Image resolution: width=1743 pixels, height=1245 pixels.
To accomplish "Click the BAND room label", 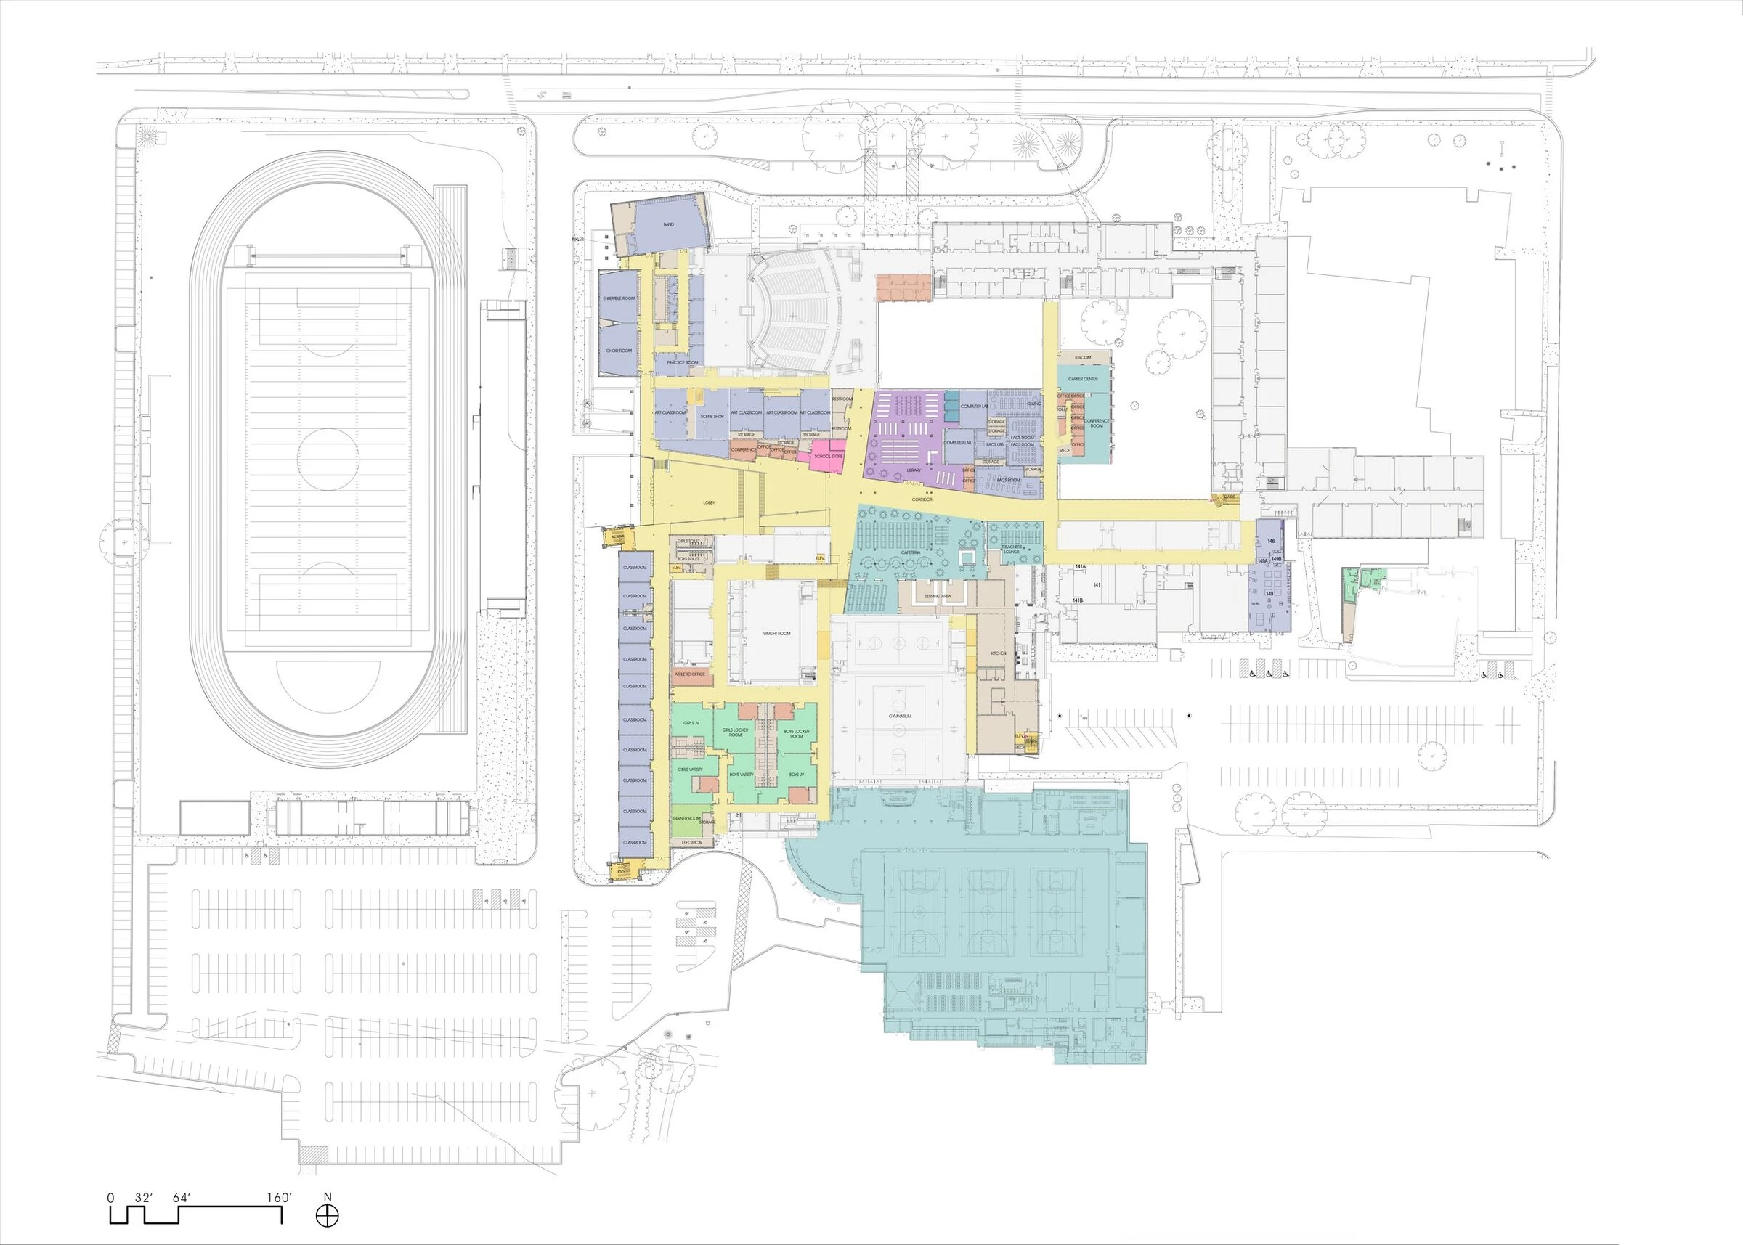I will click(668, 224).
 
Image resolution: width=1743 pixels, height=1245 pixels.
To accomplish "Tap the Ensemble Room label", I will click(618, 298).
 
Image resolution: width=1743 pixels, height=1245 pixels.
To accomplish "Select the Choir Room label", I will click(618, 351).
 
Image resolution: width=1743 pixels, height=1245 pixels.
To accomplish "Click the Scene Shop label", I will click(712, 416).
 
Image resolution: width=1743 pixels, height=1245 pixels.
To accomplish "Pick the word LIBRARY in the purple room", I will click(914, 470).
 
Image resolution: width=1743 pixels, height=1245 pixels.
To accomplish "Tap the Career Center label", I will click(1083, 379).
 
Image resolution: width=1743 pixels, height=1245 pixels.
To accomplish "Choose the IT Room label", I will click(1083, 358).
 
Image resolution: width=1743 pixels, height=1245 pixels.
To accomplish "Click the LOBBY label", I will click(709, 503).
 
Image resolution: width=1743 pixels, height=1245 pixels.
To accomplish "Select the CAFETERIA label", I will click(910, 552).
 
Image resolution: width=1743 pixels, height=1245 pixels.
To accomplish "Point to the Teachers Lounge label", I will click(1011, 549).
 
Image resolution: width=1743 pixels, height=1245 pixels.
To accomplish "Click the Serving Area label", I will click(937, 596).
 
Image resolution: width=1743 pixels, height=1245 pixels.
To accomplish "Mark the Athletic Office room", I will click(690, 674).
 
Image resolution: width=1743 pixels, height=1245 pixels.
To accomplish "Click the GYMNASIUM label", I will click(900, 715).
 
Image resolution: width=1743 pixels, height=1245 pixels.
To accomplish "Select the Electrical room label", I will click(691, 843).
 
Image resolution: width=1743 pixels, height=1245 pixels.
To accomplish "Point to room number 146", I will click(1272, 542).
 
